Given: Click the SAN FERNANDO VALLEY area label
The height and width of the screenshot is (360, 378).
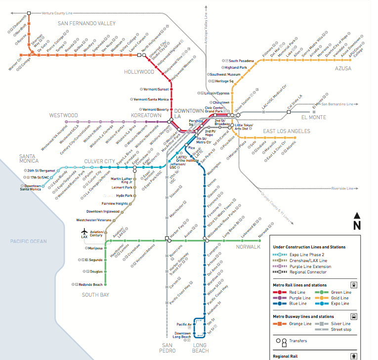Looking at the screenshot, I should (x=86, y=23).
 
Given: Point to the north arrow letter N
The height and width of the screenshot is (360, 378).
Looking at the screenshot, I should (x=357, y=225).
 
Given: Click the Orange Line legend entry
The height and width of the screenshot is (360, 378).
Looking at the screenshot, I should (x=300, y=323).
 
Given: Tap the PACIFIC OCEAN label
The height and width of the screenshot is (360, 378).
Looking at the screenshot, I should (x=29, y=241).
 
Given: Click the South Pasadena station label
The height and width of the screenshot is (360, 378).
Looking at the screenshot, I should (x=241, y=60).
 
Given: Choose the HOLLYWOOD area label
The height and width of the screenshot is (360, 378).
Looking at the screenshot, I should (x=139, y=72).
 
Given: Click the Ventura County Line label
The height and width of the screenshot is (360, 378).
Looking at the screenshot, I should (x=57, y=12).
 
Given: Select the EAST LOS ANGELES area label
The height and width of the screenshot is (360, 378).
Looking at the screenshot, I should (x=287, y=131).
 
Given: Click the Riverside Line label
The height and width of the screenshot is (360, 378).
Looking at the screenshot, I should (x=343, y=188).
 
